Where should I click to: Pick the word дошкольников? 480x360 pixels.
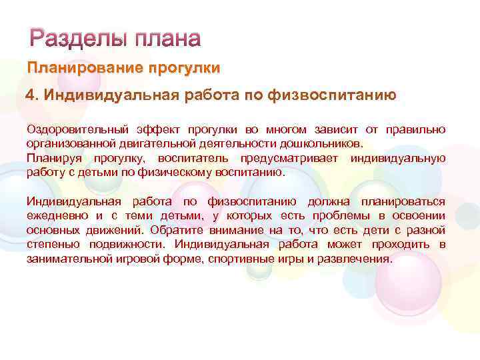[x=324, y=143]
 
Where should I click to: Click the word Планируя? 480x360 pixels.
[x=53, y=157]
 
